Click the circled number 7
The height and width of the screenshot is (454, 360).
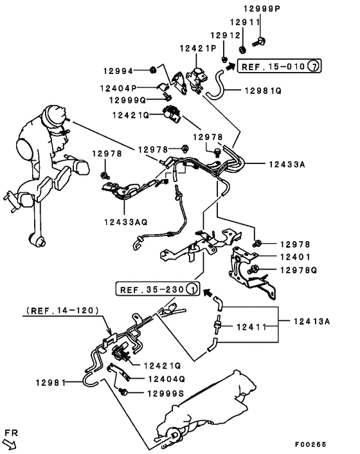click(312, 66)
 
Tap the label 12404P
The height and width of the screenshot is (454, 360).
click(120, 87)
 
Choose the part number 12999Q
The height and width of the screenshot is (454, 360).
click(128, 100)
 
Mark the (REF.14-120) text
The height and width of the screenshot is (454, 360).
click(62, 310)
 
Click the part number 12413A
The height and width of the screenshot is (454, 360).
click(312, 321)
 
